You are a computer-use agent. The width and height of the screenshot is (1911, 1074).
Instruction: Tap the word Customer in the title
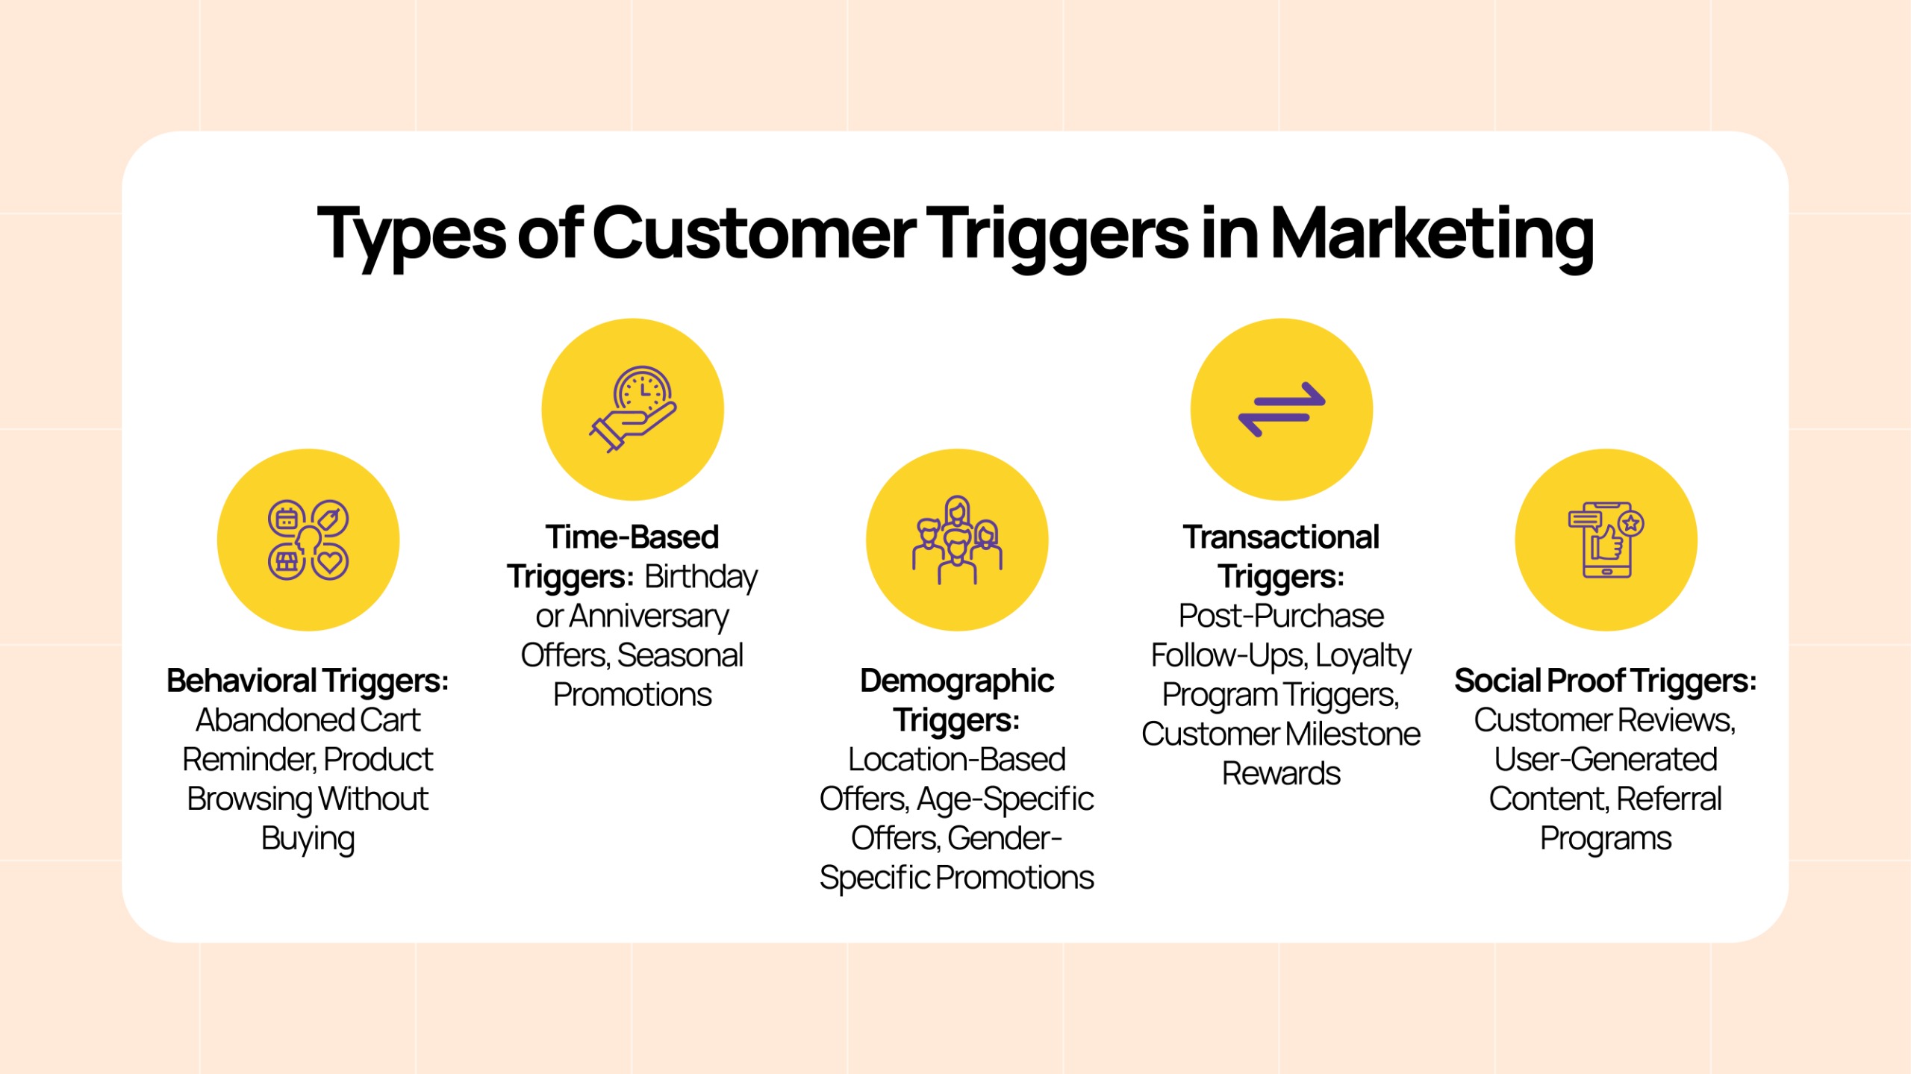tap(754, 234)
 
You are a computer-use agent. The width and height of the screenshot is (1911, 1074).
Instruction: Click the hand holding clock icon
tap(633, 409)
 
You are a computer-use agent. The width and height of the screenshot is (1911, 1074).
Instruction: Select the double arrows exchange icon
tap(1282, 409)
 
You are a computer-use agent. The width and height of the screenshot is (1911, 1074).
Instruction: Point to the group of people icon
tap(957, 540)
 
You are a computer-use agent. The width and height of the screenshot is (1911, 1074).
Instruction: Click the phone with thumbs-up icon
tap(1606, 540)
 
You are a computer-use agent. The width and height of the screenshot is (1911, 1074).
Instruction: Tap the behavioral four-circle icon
tap(308, 540)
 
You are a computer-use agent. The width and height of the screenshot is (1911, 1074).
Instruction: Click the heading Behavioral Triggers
tap(308, 681)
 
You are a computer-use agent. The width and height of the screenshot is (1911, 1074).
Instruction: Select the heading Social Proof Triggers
tap(1606, 681)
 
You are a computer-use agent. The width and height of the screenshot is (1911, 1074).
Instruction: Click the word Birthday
tap(701, 577)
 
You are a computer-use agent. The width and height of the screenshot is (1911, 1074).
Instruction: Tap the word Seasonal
tap(680, 655)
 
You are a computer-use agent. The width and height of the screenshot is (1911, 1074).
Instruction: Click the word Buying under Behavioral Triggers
tap(308, 840)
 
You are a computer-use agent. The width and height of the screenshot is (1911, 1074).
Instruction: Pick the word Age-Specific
tap(1005, 800)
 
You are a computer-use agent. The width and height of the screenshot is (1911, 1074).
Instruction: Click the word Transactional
tap(1282, 537)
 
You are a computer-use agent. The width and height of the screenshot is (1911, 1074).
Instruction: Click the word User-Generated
tap(1606, 760)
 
